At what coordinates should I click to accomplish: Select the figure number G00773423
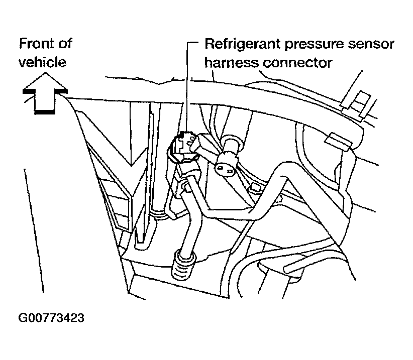click(51, 318)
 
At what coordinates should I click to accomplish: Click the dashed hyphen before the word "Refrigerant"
click(196, 44)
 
